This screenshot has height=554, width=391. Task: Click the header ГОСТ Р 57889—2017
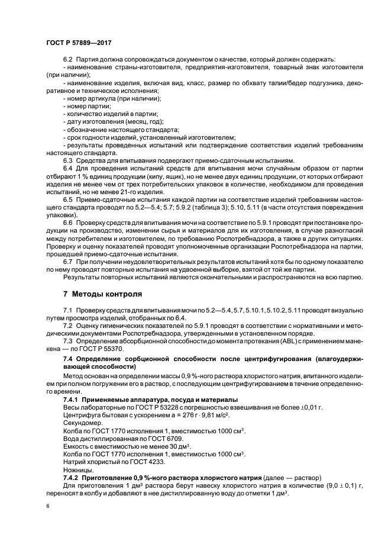(78, 43)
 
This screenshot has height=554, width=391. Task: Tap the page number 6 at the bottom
(48, 507)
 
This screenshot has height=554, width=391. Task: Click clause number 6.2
(67, 60)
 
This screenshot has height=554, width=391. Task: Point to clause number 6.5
(67, 200)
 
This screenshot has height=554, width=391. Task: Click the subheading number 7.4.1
(73, 400)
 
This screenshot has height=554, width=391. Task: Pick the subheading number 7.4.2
(73, 477)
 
